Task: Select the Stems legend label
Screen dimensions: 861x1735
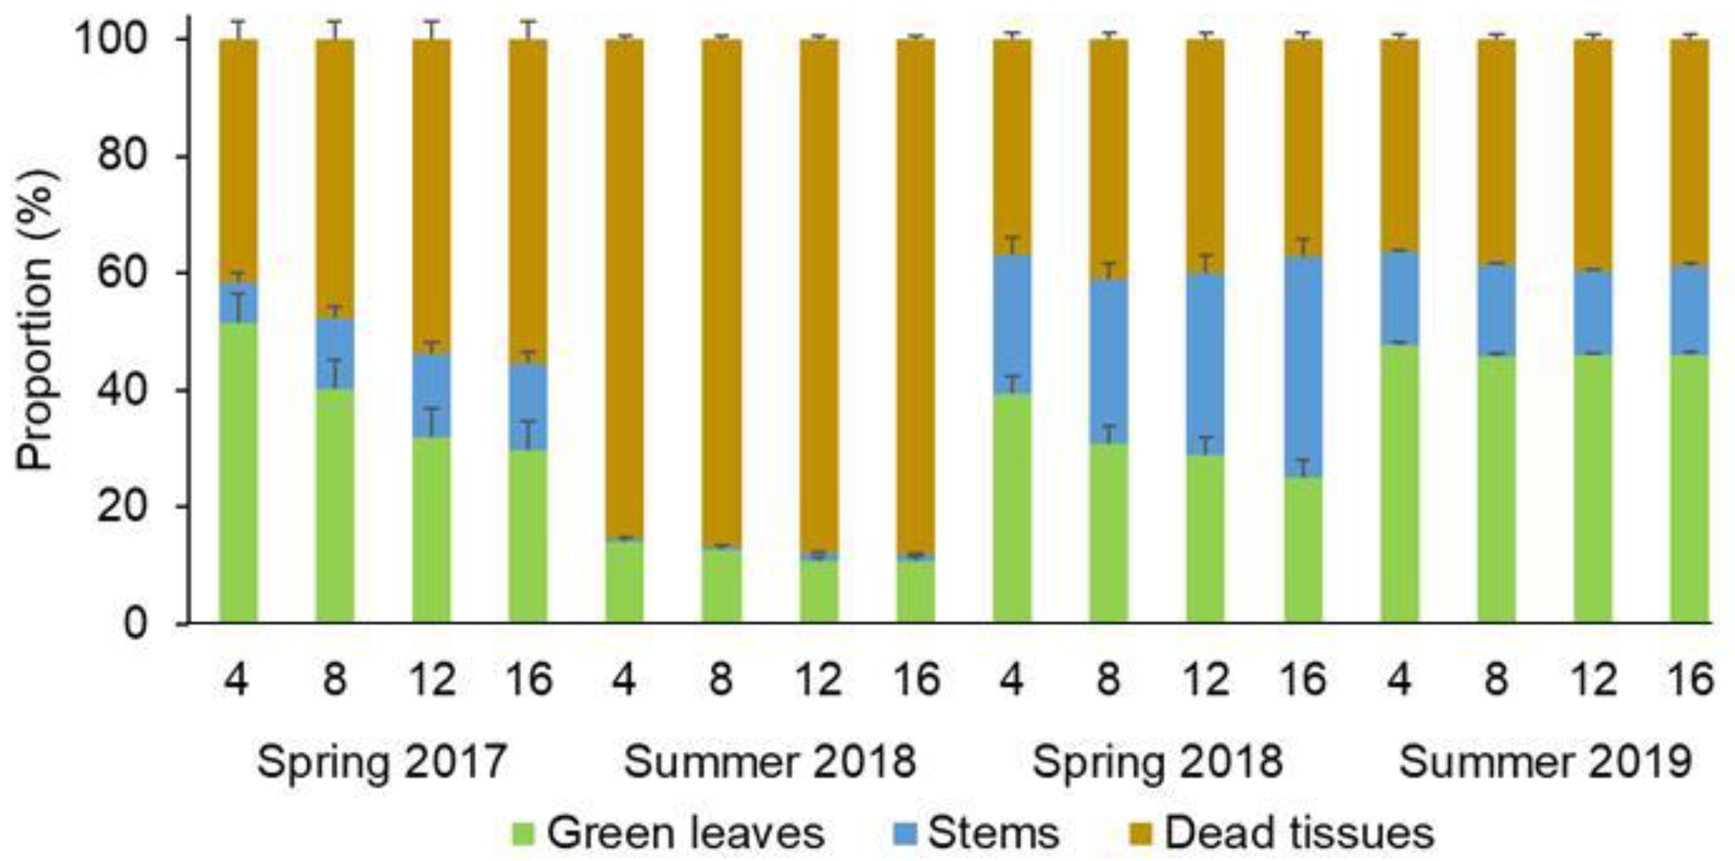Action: coord(994,833)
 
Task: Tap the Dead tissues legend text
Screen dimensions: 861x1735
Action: coord(1299,833)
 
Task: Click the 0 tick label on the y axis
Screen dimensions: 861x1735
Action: coord(135,624)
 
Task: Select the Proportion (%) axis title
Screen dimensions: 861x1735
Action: coord(37,320)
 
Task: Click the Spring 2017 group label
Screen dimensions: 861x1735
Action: coord(381,762)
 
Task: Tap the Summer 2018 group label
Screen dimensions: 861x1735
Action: coord(770,762)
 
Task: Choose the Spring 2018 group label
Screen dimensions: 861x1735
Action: coord(1157,762)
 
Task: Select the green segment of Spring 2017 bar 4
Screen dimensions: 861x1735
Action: coord(238,471)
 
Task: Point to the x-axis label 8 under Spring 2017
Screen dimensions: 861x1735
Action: coord(335,679)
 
